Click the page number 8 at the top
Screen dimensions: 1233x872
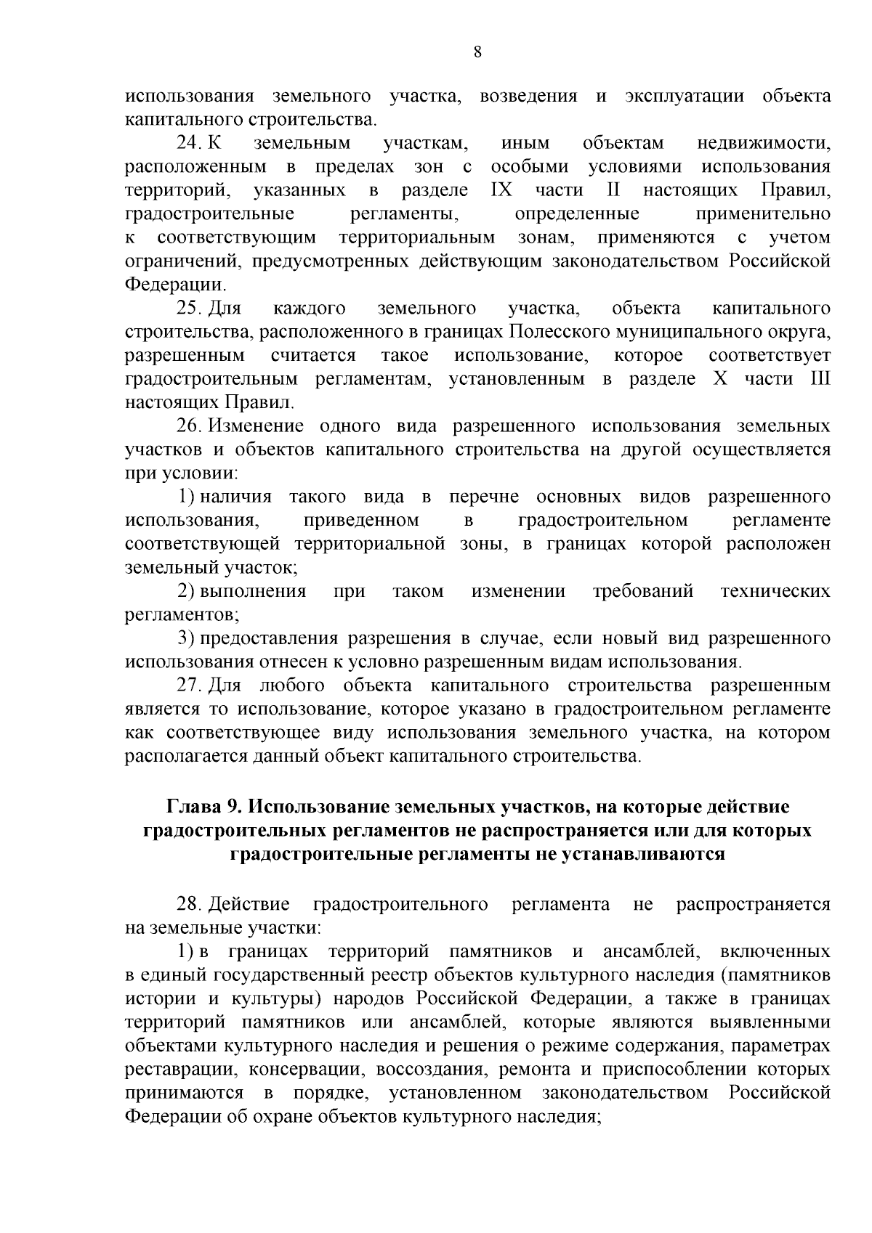point(477,51)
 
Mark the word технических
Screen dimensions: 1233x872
point(775,591)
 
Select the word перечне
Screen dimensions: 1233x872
point(484,497)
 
